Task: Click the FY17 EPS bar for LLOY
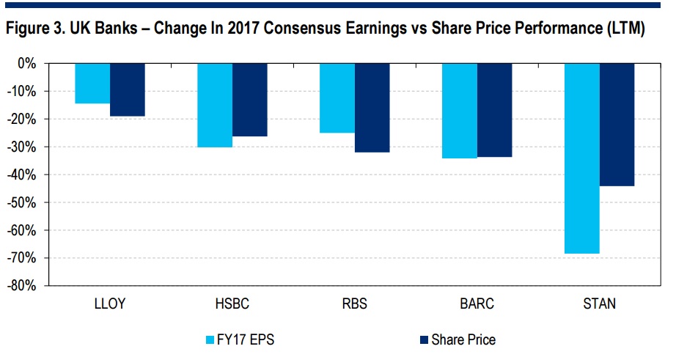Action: click(92, 83)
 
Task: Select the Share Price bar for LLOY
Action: click(127, 89)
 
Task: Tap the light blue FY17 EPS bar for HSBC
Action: click(215, 105)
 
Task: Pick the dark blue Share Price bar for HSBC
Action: click(249, 100)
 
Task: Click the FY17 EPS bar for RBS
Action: click(337, 98)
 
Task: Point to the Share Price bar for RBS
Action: click(372, 108)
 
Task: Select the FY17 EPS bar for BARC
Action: click(460, 111)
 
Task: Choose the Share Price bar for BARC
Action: click(494, 110)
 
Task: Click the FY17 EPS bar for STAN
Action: click(582, 158)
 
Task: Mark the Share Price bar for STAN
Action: click(617, 125)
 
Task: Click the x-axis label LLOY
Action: click(109, 304)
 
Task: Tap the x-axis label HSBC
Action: click(232, 304)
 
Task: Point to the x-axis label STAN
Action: click(599, 304)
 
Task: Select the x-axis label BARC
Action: click(477, 304)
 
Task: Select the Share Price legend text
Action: click(463, 340)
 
